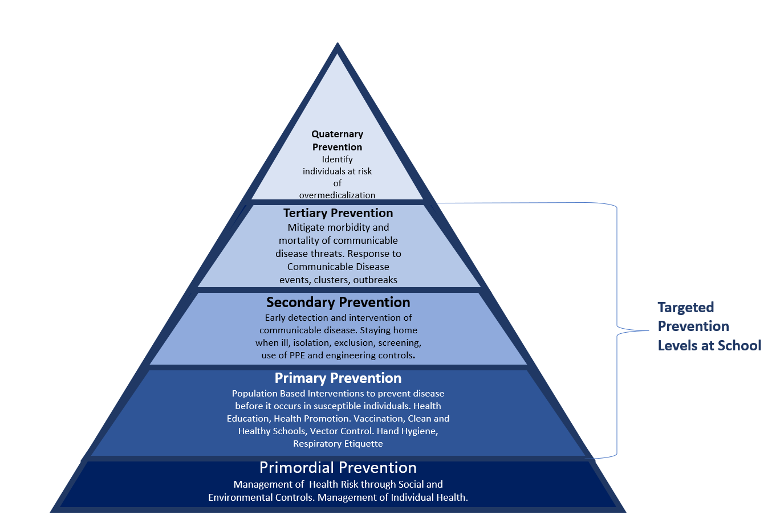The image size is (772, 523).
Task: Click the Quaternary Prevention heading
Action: (x=337, y=141)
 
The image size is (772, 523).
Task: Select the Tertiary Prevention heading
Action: (x=338, y=213)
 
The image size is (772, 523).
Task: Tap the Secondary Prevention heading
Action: (x=338, y=303)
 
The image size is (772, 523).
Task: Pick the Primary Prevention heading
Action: (x=338, y=378)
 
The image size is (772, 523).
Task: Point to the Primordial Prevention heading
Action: (x=338, y=468)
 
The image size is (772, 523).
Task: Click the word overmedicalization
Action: (x=337, y=195)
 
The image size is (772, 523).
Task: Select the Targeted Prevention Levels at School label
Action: (x=709, y=326)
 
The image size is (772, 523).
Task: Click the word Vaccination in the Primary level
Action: (x=378, y=419)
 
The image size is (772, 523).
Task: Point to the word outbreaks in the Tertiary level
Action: (x=375, y=280)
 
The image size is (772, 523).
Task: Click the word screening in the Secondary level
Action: (x=401, y=343)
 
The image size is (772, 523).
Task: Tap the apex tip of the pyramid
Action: (x=338, y=44)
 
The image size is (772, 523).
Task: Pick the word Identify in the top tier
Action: (x=337, y=160)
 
